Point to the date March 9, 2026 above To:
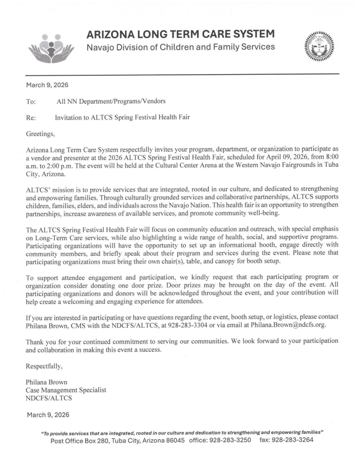45,85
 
